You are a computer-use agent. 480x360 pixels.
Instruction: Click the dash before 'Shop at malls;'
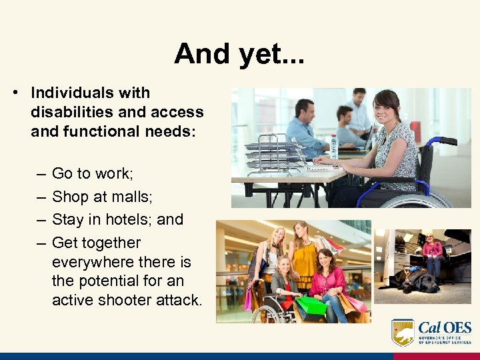click(x=41, y=197)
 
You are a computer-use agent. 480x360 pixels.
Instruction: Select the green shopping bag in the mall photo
click(x=311, y=306)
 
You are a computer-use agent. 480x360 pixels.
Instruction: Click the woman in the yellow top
click(x=302, y=253)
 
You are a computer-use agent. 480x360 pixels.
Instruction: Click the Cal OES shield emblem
click(x=403, y=332)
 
